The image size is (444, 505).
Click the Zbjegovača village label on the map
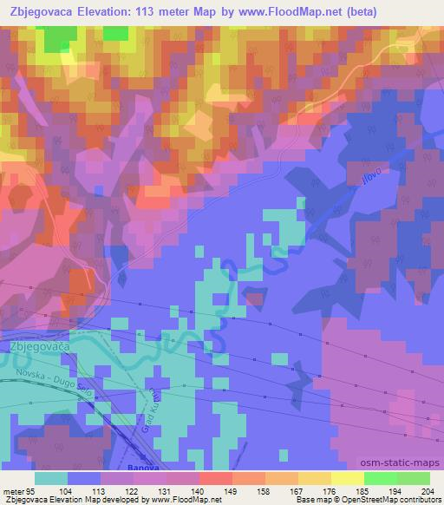(x=39, y=345)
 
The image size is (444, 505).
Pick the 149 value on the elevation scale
(x=207, y=491)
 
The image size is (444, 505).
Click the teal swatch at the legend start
(x=51, y=478)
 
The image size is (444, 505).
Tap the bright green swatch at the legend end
(x=413, y=478)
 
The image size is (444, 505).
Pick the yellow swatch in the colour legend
(x=347, y=478)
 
